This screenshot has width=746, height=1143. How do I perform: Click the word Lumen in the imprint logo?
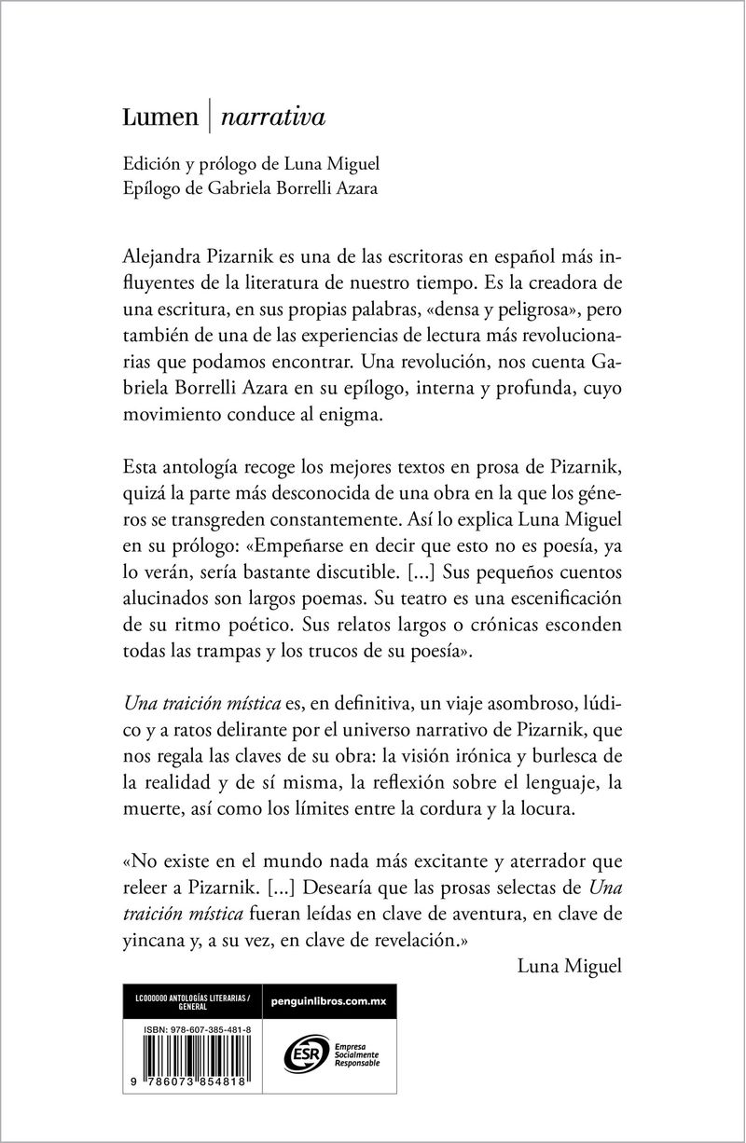coord(160,118)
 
